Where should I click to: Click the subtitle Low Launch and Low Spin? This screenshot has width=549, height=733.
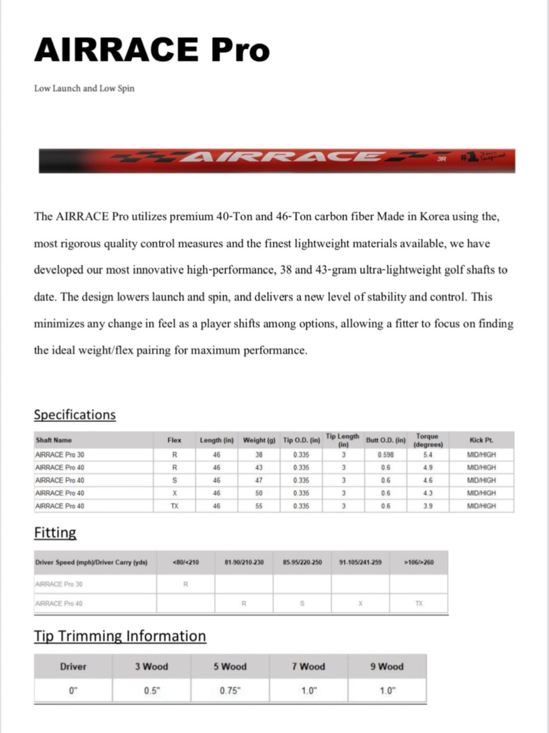point(84,88)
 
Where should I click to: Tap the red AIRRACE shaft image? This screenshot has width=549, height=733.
point(276,161)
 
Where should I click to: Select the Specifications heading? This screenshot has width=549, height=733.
point(74,415)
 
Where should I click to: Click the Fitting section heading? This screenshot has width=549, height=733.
point(55,533)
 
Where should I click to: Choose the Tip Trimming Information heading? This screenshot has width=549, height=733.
point(120,636)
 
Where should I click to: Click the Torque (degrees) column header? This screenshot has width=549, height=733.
point(428,440)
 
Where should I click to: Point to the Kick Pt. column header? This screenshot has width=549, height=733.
point(481,440)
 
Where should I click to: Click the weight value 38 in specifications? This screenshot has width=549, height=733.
point(259,455)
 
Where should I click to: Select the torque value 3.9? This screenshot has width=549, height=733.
point(428,506)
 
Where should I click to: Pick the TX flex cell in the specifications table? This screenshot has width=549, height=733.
point(174,506)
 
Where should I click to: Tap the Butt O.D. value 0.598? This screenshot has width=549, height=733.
point(385,455)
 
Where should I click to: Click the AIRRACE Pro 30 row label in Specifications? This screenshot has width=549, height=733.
point(60,455)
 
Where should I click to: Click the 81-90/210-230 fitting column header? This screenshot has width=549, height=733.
point(244,562)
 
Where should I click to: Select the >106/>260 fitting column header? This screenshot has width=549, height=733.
point(418,562)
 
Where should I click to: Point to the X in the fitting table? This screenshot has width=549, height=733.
point(360,604)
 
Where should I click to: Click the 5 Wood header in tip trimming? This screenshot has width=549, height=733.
point(230,667)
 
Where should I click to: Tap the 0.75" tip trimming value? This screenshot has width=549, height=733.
point(230,691)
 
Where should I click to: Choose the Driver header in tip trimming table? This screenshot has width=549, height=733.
point(73,667)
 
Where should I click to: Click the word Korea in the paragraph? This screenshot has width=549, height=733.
point(435,216)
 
